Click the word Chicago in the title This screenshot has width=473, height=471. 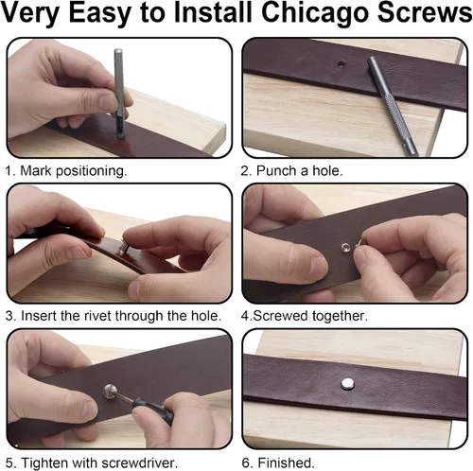[x=315, y=12]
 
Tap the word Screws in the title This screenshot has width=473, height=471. [x=425, y=12]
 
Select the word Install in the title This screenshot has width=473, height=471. [x=213, y=12]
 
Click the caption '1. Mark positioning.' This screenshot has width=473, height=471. [x=66, y=170]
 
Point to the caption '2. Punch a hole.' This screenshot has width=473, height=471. [x=291, y=170]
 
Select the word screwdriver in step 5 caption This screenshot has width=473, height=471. [x=140, y=462]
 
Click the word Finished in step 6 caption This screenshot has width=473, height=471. [x=287, y=462]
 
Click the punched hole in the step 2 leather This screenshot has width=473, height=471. [x=341, y=64]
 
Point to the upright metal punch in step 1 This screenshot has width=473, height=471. [x=119, y=94]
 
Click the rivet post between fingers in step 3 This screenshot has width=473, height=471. [x=123, y=248]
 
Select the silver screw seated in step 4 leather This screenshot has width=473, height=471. [x=346, y=247]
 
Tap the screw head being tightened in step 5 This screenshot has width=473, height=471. [x=111, y=391]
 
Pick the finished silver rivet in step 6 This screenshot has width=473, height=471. [x=347, y=383]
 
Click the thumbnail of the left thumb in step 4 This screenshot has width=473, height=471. [x=318, y=267]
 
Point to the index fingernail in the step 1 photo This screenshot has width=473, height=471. [x=107, y=102]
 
